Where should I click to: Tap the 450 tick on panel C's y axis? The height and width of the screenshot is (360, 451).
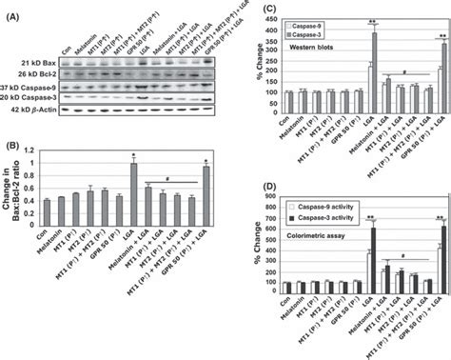(x=267, y=14)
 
